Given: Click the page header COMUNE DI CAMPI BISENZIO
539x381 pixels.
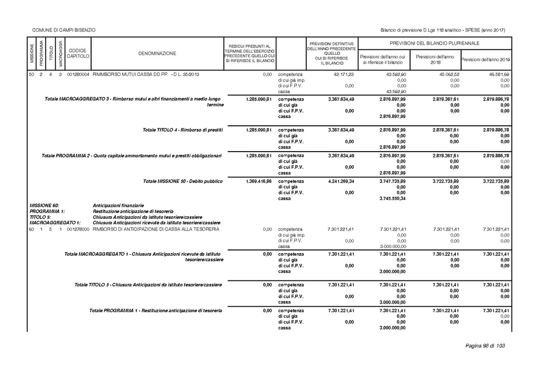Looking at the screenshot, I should click(x=64, y=29).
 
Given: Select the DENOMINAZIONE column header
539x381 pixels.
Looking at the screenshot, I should click(x=157, y=53).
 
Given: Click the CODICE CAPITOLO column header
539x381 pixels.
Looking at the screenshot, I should click(x=78, y=53).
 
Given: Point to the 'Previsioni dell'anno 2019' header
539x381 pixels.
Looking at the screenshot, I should click(x=486, y=59).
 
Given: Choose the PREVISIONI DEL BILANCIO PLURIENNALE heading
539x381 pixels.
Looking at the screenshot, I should click(x=434, y=43).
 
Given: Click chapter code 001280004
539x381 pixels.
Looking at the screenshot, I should click(x=79, y=75).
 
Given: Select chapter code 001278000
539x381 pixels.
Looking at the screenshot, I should click(x=79, y=229).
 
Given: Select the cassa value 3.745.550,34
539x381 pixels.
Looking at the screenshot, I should click(x=392, y=198).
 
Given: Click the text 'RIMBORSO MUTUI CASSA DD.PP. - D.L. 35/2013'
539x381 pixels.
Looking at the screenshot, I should click(x=146, y=75).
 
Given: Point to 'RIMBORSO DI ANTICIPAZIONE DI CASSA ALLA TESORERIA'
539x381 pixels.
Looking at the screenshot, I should click(x=152, y=229).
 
